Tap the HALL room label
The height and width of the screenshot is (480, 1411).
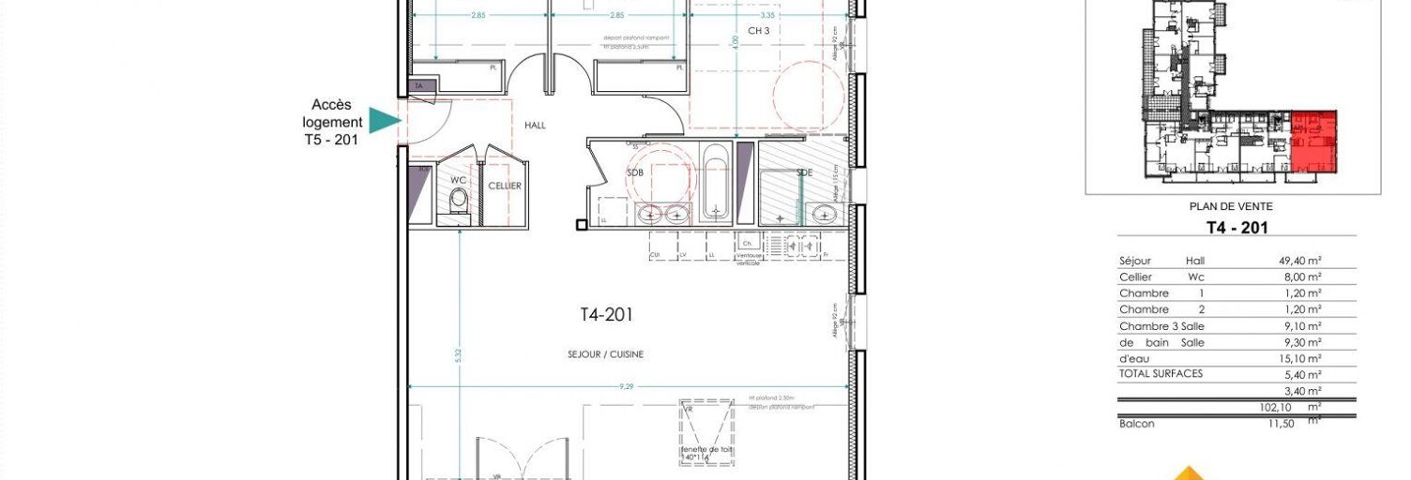point(535,126)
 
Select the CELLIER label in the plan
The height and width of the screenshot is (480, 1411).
point(505,186)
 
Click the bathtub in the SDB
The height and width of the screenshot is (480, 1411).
point(716,185)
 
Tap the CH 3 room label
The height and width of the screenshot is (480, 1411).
point(758,31)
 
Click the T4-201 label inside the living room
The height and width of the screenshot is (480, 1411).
point(606,315)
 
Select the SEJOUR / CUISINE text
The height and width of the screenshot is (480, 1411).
point(605,354)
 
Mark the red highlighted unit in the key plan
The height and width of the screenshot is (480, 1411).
point(1312,141)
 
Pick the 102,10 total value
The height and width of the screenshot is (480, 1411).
point(1277,408)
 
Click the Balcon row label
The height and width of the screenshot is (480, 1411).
point(1137,424)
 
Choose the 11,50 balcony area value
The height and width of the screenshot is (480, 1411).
point(1282,424)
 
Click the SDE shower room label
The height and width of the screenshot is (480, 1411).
point(805,173)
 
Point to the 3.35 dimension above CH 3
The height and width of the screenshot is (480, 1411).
point(767,15)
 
